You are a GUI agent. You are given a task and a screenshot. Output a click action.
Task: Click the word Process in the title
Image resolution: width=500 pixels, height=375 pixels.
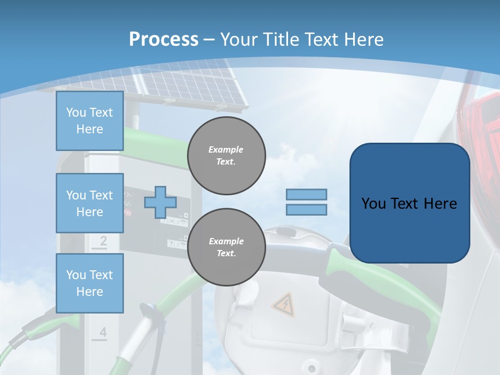click(x=164, y=39)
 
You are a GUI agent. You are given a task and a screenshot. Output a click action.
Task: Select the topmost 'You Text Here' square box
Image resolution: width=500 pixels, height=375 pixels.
click(x=90, y=121)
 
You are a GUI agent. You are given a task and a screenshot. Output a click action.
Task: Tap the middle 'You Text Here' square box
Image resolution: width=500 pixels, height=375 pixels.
click(x=90, y=203)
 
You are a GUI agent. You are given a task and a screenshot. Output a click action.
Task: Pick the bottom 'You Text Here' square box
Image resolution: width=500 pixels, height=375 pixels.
click(x=90, y=283)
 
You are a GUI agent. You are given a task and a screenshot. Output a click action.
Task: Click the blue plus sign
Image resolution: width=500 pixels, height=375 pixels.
click(x=160, y=202)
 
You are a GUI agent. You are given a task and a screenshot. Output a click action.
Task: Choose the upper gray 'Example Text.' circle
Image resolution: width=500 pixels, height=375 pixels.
click(x=227, y=156)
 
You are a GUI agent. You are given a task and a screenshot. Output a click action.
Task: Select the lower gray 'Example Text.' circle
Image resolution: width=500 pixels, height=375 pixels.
click(x=227, y=247)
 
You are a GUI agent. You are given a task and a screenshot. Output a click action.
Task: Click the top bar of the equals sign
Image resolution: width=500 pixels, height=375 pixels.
click(x=307, y=194)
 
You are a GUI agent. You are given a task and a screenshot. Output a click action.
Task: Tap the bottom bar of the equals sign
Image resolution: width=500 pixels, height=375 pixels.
click(x=307, y=209)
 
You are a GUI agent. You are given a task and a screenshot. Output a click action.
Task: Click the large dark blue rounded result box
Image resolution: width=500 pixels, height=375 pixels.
click(x=409, y=203)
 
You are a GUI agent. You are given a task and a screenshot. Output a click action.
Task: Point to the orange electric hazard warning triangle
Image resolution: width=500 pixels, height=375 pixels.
click(x=283, y=304)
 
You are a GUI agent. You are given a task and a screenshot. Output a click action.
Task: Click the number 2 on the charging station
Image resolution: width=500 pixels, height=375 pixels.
click(x=103, y=241)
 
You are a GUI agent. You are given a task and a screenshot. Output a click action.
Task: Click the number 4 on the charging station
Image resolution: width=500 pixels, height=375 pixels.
click(x=103, y=332)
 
